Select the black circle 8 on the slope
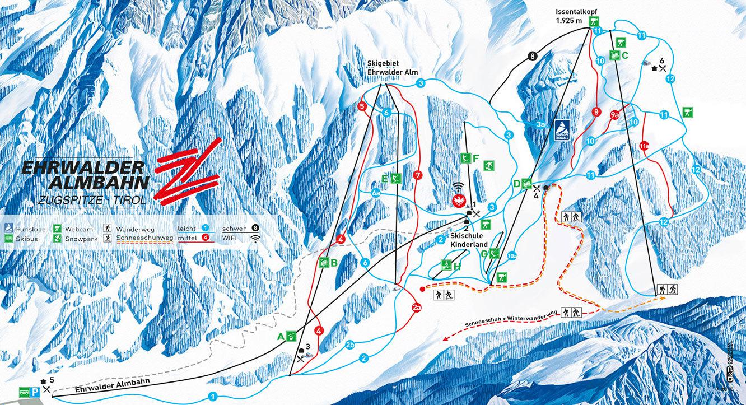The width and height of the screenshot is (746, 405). pyautogui.click(x=532, y=55)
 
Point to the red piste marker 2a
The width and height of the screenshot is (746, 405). pyautogui.click(x=416, y=308)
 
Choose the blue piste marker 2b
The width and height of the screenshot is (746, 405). pyautogui.click(x=351, y=345)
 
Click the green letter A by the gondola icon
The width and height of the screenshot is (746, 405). pyautogui.click(x=282, y=336)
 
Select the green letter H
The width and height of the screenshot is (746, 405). pyautogui.click(x=458, y=267)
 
